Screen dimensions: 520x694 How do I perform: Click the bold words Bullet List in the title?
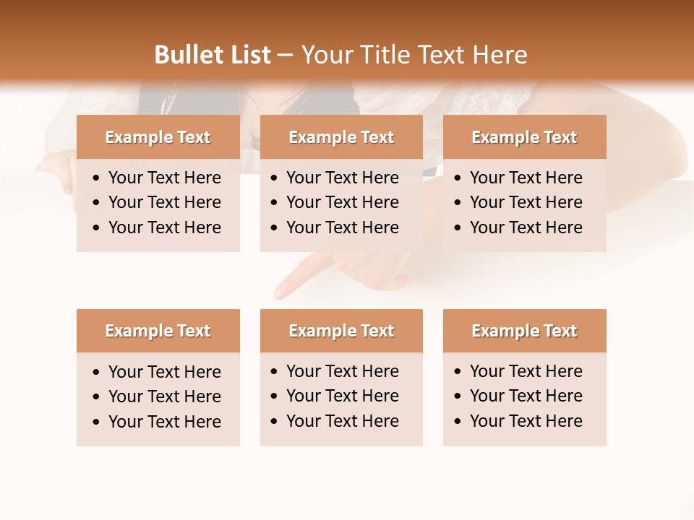pyautogui.click(x=213, y=55)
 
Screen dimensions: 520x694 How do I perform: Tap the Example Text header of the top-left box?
pyautogui.click(x=158, y=137)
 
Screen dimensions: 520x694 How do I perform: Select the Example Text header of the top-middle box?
pyautogui.click(x=341, y=137)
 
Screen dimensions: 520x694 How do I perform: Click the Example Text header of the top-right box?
pyautogui.click(x=524, y=137)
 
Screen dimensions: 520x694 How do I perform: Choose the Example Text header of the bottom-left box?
pyautogui.click(x=158, y=331)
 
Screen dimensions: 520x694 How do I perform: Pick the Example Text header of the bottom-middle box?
pyautogui.click(x=341, y=331)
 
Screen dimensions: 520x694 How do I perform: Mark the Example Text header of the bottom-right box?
pyautogui.click(x=524, y=331)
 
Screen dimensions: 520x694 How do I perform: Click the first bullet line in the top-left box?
pyautogui.click(x=164, y=178)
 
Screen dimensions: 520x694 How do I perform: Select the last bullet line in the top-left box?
pyautogui.click(x=164, y=227)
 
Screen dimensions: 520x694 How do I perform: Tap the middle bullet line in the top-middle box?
pyautogui.click(x=342, y=202)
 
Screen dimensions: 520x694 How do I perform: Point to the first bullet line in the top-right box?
pyautogui.click(x=526, y=178)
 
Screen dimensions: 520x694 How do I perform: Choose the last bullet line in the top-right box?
pyautogui.click(x=526, y=227)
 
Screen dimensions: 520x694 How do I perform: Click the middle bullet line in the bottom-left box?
pyautogui.click(x=164, y=396)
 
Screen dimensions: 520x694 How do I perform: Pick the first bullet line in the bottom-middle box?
pyautogui.click(x=342, y=371)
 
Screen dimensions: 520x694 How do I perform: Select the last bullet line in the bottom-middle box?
pyautogui.click(x=342, y=421)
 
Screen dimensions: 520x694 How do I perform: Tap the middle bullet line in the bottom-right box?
pyautogui.click(x=526, y=396)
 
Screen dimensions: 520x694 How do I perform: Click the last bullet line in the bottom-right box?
pyautogui.click(x=526, y=421)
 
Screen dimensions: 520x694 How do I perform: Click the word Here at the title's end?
pyautogui.click(x=500, y=55)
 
